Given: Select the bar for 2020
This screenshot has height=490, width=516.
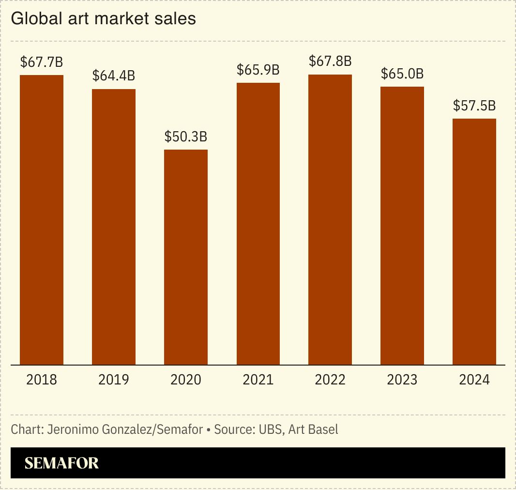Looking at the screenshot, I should [186, 257].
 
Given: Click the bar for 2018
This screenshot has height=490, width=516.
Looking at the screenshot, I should [42, 220].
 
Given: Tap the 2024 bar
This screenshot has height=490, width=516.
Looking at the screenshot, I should [474, 242].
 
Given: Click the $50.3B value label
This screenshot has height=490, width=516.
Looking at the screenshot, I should [186, 137].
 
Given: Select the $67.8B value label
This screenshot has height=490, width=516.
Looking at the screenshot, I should [330, 61].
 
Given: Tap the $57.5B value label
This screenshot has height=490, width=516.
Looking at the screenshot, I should [474, 106].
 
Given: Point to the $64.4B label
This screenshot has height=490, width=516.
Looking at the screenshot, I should [114, 76].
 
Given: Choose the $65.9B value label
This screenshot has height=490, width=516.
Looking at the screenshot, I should [258, 70].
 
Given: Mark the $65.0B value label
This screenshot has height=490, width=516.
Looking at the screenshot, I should [402, 74].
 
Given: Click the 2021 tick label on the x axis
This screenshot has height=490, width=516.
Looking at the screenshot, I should [258, 380].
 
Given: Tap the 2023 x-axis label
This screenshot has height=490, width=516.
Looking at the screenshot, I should [402, 380].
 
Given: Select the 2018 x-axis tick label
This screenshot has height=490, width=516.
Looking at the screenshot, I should [42, 380].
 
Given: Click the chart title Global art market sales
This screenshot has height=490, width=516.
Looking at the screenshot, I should [103, 19].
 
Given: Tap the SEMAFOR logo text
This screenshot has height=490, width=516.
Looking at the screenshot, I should [61, 463].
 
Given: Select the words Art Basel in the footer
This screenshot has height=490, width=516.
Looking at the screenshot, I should [313, 429].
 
